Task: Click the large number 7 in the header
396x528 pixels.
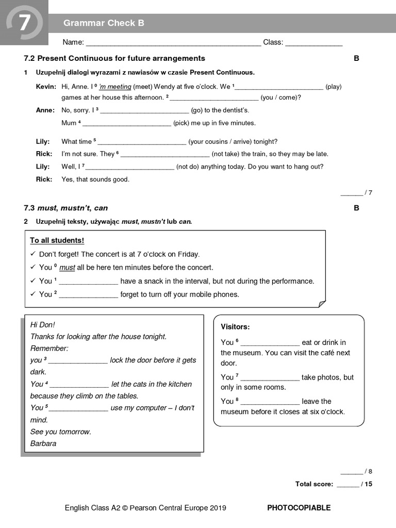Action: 24,23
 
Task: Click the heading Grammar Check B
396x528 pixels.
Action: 104,23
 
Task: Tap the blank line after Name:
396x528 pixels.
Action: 173,43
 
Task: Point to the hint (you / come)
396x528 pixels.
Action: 280,97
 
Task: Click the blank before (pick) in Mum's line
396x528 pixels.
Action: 127,124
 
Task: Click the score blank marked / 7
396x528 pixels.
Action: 352,193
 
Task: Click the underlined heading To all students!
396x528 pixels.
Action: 57,240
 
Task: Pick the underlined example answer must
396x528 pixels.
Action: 67,268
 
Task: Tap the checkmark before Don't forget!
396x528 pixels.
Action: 33,254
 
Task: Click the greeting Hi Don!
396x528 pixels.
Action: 42,324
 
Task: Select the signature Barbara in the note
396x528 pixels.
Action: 43,443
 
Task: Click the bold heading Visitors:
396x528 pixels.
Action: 235,327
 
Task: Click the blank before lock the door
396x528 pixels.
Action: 78,361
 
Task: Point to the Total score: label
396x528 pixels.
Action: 314,484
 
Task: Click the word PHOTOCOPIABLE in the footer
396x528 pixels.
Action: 299,508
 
